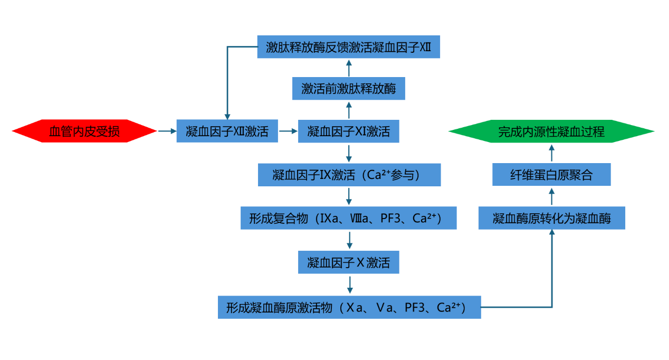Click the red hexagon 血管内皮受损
tap(84, 131)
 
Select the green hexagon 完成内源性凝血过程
tap(551, 131)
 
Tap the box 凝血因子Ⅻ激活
tap(227, 131)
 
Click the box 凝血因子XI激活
tap(348, 131)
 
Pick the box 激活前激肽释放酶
tap(348, 88)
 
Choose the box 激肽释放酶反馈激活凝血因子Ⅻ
tap(348, 47)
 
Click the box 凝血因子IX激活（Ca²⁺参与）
tap(349, 175)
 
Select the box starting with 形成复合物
tap(349, 218)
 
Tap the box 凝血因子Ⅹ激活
tap(348, 262)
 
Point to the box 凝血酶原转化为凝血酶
tap(551, 218)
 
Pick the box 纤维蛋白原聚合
tap(551, 175)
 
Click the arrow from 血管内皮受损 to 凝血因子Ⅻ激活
tap(167, 131)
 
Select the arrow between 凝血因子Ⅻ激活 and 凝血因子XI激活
tap(288, 131)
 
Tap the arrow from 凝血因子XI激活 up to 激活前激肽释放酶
tap(348, 110)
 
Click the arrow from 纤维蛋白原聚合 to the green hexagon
tap(552, 153)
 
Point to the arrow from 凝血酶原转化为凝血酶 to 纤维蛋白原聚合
tap(552, 196)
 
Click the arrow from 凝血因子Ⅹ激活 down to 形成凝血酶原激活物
tap(349, 285)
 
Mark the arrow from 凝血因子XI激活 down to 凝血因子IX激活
tap(349, 153)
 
